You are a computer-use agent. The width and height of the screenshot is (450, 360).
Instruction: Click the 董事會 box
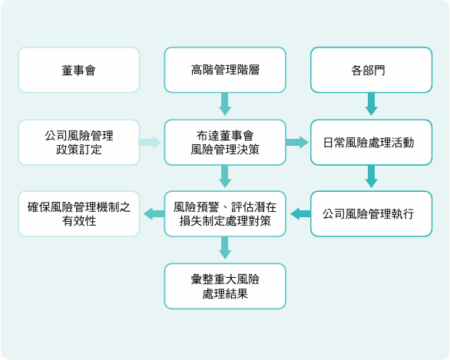[x=79, y=70]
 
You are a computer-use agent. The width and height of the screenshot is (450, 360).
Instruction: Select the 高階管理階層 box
[x=225, y=70]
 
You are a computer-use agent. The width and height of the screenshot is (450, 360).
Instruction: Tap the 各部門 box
[x=371, y=70]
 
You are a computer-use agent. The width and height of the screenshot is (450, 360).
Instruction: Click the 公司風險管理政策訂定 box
[x=79, y=142]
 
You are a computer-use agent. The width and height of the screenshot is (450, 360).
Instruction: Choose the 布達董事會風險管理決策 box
[x=225, y=142]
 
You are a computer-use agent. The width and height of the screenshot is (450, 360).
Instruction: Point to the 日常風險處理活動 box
[x=371, y=142]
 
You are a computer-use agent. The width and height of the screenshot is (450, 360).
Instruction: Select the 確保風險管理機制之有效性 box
[x=79, y=214]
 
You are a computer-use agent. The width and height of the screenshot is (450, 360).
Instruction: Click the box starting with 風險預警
[x=225, y=214]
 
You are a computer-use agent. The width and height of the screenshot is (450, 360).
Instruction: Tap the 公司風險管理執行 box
[x=371, y=214]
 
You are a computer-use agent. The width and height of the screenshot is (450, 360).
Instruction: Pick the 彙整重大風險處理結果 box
[x=225, y=286]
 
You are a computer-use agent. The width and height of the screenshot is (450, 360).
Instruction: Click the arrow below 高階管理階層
[x=225, y=104]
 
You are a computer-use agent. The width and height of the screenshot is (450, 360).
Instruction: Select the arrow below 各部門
[x=371, y=104]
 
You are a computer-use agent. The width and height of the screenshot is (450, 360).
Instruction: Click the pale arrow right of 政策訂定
[x=151, y=142]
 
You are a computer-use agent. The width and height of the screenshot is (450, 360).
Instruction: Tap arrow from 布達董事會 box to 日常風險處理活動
[x=297, y=142]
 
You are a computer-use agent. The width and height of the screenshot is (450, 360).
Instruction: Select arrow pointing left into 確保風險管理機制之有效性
[x=153, y=214]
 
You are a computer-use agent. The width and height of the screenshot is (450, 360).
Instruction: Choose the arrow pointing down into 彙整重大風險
[x=225, y=248]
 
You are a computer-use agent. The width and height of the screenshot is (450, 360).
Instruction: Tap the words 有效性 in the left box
[x=79, y=222]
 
